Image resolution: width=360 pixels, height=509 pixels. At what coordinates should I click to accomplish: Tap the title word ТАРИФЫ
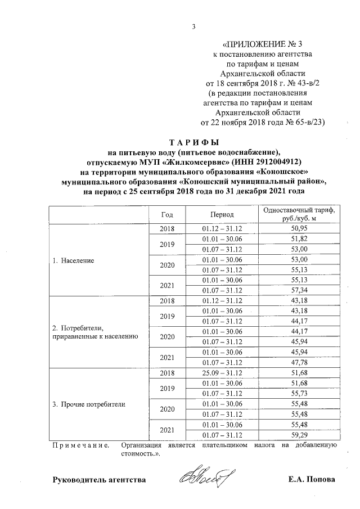tap(194, 142)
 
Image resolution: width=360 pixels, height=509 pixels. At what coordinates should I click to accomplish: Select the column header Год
tap(166, 215)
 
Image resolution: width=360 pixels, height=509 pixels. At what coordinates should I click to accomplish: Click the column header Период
tap(222, 215)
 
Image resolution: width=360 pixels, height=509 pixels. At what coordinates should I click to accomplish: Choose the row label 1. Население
tap(74, 262)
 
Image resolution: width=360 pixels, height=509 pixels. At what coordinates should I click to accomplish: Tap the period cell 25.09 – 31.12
tap(222, 373)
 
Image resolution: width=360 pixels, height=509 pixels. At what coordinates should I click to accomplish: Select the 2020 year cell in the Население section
tap(166, 264)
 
